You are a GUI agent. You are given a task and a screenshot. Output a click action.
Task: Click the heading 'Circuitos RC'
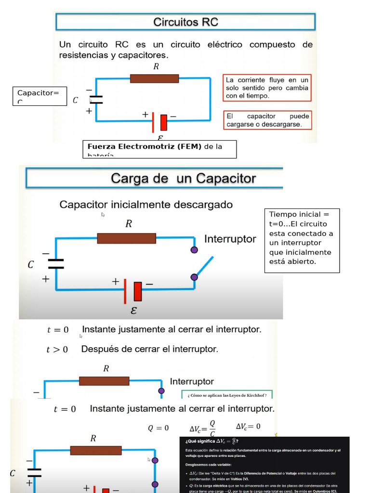click(x=185, y=22)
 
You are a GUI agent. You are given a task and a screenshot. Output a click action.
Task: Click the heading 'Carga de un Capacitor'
click(x=184, y=179)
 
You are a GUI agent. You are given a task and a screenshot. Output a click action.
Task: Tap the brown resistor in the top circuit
click(x=154, y=78)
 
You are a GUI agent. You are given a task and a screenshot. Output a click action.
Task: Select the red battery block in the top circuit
click(x=164, y=123)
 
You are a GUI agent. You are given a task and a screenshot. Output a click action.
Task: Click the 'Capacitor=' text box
click(x=38, y=95)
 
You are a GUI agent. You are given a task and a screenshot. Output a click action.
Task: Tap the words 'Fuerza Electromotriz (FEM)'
click(x=145, y=146)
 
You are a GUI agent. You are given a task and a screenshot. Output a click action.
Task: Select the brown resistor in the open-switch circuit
click(x=126, y=238)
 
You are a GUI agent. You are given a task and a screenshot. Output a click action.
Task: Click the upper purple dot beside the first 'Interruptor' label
click(x=194, y=250)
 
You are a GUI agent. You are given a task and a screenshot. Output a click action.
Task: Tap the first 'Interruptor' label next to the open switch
click(x=230, y=239)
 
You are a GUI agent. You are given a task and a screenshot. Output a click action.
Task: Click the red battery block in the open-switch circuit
click(x=138, y=291)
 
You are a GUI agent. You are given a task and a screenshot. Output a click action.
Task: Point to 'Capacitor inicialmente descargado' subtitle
click(x=145, y=205)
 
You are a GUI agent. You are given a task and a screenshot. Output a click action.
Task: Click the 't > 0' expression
click(x=57, y=350)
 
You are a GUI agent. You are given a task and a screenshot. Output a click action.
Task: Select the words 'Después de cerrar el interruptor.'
click(x=149, y=349)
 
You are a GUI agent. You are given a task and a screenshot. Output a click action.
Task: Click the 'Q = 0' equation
click(x=158, y=428)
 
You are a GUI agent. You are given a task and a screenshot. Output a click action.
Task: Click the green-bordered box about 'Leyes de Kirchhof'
click(x=227, y=395)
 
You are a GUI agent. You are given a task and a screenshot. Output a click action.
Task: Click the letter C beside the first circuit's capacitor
click(x=75, y=101)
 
